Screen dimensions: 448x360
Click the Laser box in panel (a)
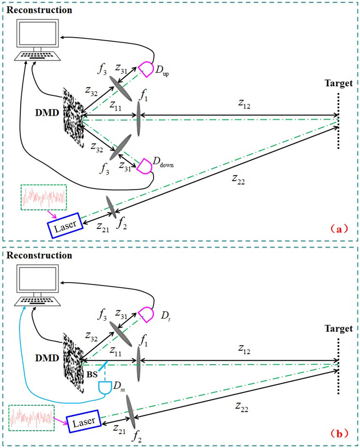point(65,226)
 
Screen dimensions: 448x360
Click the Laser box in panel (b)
point(83,422)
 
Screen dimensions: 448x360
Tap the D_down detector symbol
point(145,166)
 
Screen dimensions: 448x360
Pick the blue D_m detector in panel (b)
point(105,387)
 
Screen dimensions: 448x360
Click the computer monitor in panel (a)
point(37,33)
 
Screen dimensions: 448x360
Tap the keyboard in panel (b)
point(37,301)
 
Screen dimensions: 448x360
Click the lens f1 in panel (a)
point(138,119)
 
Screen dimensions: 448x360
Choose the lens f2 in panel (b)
point(131,412)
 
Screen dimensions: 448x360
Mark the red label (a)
point(339,229)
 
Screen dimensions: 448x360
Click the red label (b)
point(339,433)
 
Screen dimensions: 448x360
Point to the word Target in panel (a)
point(338,83)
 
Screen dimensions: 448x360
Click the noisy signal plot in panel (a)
point(44,197)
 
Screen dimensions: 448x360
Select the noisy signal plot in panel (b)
point(32,418)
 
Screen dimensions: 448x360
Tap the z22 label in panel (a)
point(238,179)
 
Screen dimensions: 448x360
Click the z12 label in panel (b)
point(244,349)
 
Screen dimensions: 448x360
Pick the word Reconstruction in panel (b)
point(39,255)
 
